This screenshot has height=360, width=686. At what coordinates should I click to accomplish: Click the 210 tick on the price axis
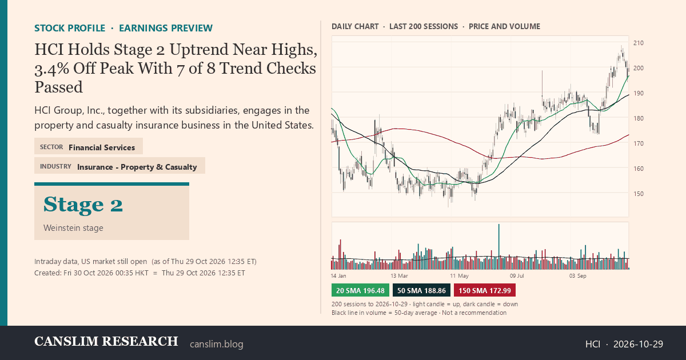pyautogui.click(x=638, y=43)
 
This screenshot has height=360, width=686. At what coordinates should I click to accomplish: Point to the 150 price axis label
pyautogui.click(x=638, y=194)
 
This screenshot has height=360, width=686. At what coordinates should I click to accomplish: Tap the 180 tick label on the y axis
pyautogui.click(x=638, y=118)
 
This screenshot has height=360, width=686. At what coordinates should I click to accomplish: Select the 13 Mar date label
pyautogui.click(x=399, y=276)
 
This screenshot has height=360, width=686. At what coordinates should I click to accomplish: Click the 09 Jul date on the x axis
pyautogui.click(x=517, y=276)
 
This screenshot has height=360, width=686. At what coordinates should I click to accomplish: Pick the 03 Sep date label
pyautogui.click(x=577, y=276)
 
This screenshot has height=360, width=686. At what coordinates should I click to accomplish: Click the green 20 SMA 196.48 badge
pyautogui.click(x=360, y=290)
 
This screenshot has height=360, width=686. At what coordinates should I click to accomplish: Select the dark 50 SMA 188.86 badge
pyautogui.click(x=421, y=290)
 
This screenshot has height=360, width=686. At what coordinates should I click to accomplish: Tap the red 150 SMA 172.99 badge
pyautogui.click(x=485, y=290)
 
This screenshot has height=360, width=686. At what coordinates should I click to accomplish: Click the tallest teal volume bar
pyautogui.click(x=499, y=247)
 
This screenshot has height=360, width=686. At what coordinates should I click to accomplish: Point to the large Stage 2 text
pyautogui.click(x=83, y=204)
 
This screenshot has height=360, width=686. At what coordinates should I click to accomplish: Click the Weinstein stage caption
pyautogui.click(x=73, y=228)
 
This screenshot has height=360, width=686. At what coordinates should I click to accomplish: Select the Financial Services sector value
pyautogui.click(x=102, y=147)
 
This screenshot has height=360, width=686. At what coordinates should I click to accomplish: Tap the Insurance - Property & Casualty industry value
pyautogui.click(x=137, y=167)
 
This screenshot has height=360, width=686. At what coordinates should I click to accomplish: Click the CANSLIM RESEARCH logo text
pyautogui.click(x=106, y=342)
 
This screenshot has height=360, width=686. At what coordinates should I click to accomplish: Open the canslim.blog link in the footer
pyautogui.click(x=217, y=344)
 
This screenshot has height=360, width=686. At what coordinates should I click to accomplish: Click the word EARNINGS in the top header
pyautogui.click(x=143, y=28)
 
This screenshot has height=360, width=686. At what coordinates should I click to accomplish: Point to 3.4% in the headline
pyautogui.click(x=51, y=69)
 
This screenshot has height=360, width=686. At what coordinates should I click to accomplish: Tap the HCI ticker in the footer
pyautogui.click(x=593, y=344)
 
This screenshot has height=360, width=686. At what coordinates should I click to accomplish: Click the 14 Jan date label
pyautogui.click(x=338, y=276)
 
